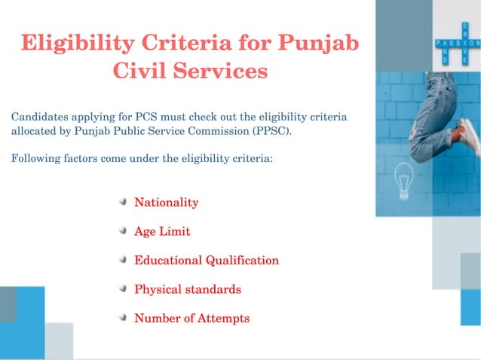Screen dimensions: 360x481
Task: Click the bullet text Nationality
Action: coord(166,203)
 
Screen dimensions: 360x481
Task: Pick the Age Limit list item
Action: coord(162,232)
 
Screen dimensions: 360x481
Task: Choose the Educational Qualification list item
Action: coord(207,261)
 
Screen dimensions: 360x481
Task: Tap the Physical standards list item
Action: coord(188,289)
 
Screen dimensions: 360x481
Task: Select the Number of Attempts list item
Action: coord(191,319)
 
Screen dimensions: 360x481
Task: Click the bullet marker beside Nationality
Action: coord(122,203)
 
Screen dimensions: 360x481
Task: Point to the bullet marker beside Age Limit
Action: coord(122,232)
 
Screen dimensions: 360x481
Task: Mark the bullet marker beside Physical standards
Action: coord(122,289)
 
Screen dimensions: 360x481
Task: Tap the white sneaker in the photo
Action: coord(469,136)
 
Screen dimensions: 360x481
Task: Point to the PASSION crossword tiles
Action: coord(455,44)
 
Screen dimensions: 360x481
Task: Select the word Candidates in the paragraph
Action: coord(38,117)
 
